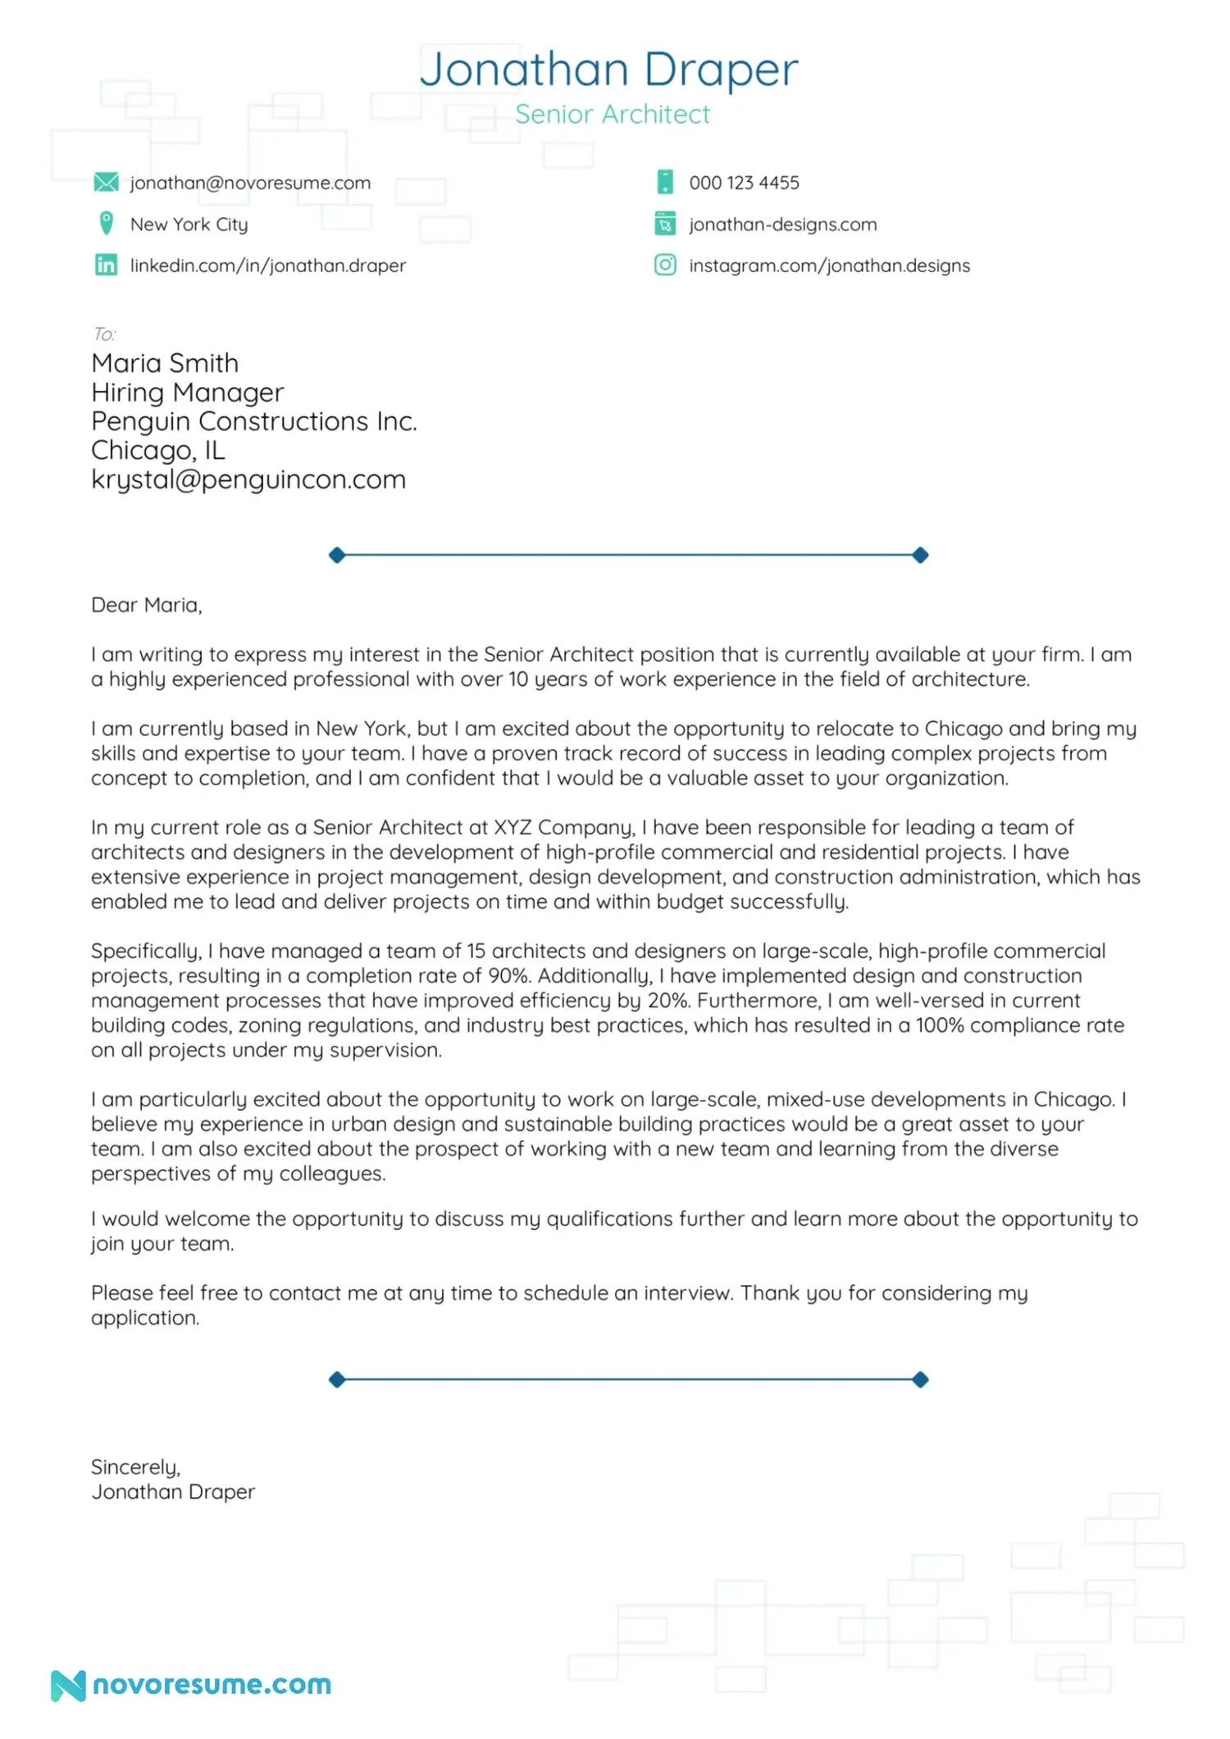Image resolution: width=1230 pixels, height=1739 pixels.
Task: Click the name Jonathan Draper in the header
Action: (x=608, y=70)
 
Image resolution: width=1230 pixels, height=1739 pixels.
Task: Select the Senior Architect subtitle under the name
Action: (x=612, y=115)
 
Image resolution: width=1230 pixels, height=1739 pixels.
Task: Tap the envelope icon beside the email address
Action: (x=106, y=182)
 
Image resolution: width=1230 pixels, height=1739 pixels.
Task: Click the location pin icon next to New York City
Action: (x=106, y=223)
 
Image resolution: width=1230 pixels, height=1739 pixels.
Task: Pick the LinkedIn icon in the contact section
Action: (x=106, y=265)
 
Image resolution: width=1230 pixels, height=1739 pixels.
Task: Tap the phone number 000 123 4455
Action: (x=744, y=183)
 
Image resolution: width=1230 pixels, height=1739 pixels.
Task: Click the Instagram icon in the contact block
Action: (x=665, y=265)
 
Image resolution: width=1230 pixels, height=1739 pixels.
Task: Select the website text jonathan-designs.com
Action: (x=782, y=225)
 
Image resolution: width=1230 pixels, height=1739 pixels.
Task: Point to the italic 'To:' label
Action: (x=104, y=334)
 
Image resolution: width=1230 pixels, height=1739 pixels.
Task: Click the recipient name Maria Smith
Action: (x=165, y=363)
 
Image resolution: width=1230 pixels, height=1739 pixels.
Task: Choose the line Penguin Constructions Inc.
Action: (x=254, y=421)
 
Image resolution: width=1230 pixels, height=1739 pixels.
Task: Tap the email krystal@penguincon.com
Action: (x=248, y=479)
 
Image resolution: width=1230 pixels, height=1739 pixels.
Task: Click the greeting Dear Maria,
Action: (x=146, y=605)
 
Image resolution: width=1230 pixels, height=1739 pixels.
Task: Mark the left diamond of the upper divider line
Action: (x=336, y=555)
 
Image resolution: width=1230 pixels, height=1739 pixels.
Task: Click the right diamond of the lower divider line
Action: (x=920, y=1379)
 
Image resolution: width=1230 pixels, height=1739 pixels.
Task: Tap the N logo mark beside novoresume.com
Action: (x=68, y=1686)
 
